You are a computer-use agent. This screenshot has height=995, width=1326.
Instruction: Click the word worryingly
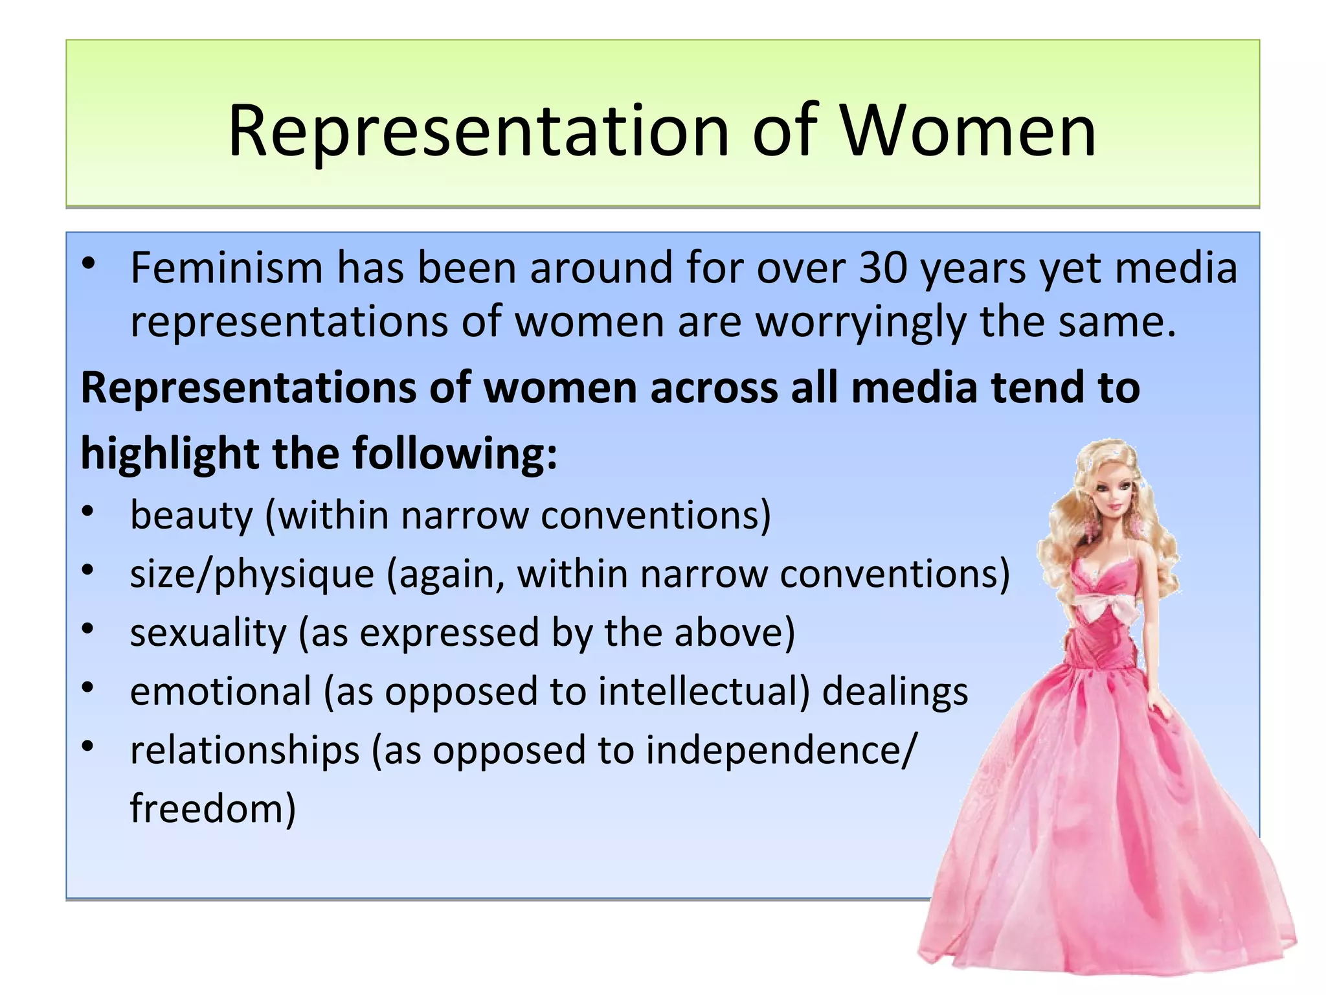860,322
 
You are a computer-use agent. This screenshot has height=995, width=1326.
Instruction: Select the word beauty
192,516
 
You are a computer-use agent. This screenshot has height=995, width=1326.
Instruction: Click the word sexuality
208,633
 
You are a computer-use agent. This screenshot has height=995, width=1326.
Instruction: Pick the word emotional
221,691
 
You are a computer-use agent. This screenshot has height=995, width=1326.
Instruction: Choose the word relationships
245,750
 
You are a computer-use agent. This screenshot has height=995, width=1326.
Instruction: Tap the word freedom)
213,808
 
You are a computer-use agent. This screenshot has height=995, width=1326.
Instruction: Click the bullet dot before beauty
89,512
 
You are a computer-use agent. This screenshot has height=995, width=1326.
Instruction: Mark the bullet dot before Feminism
89,264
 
